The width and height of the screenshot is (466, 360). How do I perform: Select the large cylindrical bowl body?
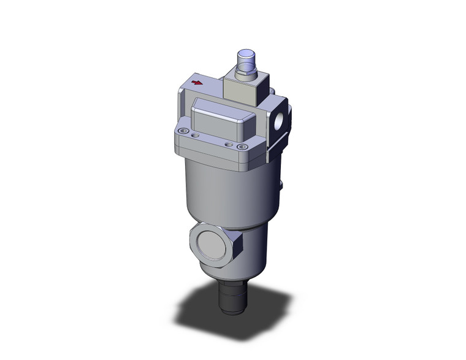(x=227, y=190)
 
